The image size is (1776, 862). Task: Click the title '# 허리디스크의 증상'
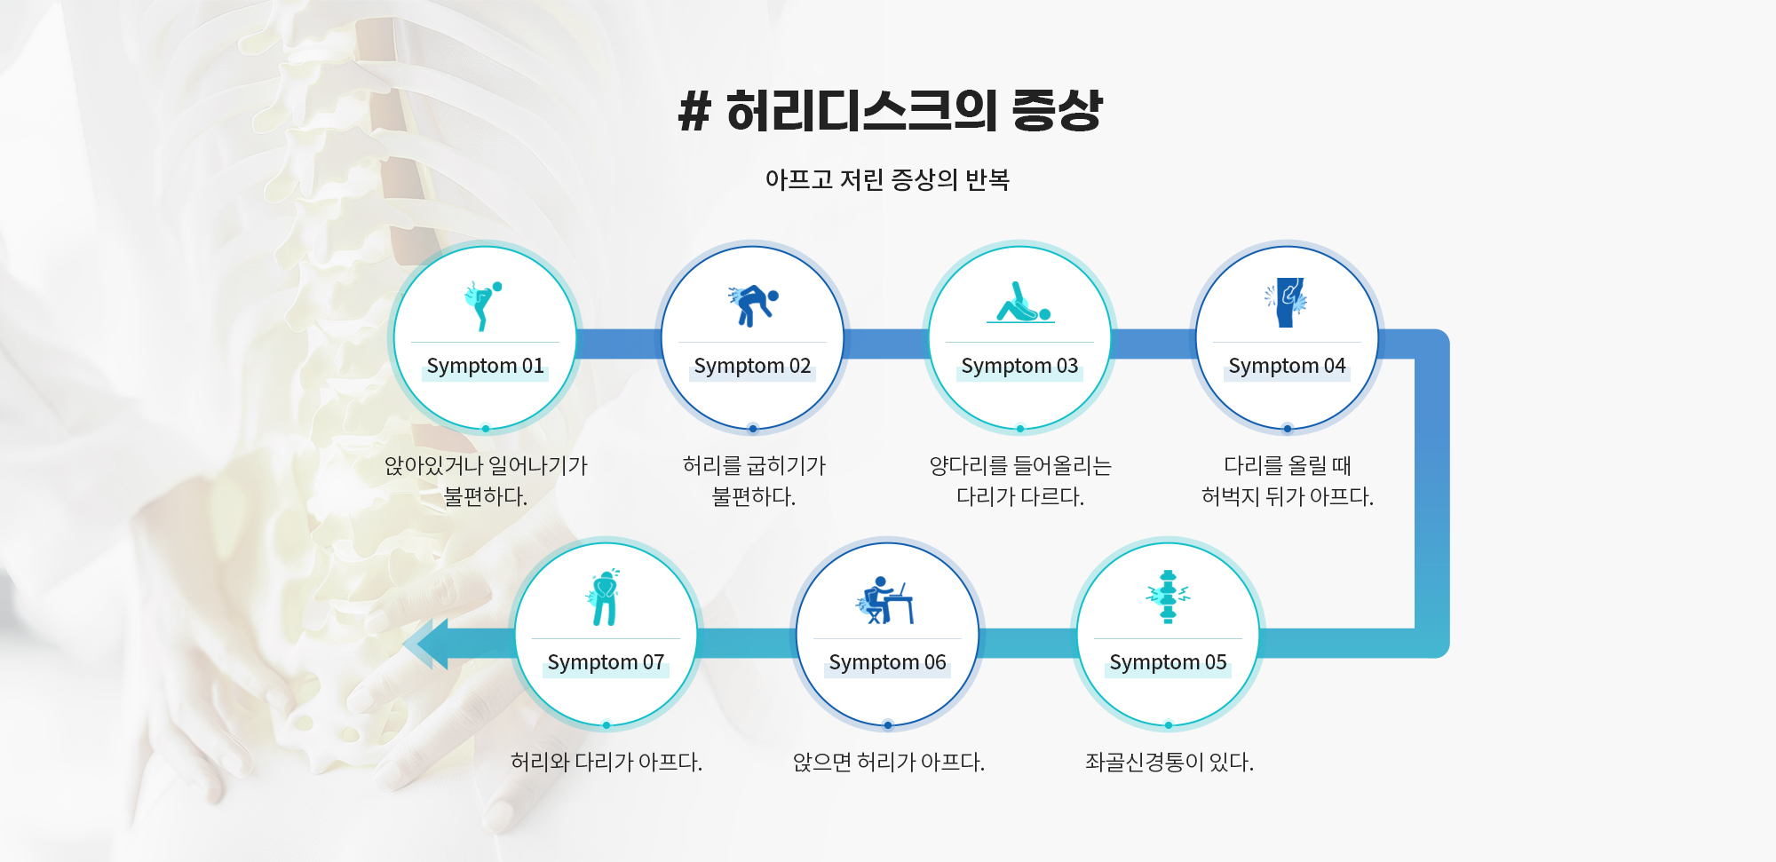(890, 111)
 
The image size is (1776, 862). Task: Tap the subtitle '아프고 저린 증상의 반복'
(887, 179)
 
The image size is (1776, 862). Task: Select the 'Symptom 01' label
(485, 366)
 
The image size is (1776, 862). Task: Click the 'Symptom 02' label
(752, 366)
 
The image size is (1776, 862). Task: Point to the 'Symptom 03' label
(1019, 366)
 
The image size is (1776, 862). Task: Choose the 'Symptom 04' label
(1287, 366)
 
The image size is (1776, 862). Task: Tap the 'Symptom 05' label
(1168, 662)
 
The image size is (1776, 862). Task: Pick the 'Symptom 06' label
(887, 662)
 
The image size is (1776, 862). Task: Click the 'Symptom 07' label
(606, 662)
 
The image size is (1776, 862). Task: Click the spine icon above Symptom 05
(1168, 597)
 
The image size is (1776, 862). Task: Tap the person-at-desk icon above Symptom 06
(884, 600)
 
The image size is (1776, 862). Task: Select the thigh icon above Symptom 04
(1287, 302)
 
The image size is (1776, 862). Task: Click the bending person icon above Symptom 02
(753, 304)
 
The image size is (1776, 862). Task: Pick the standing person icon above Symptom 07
(605, 597)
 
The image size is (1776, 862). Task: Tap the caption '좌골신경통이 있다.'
(1169, 762)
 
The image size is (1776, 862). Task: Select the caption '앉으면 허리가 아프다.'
(888, 762)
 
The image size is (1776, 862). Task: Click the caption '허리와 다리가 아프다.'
(607, 762)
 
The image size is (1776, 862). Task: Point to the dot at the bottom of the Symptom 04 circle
(1287, 429)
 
